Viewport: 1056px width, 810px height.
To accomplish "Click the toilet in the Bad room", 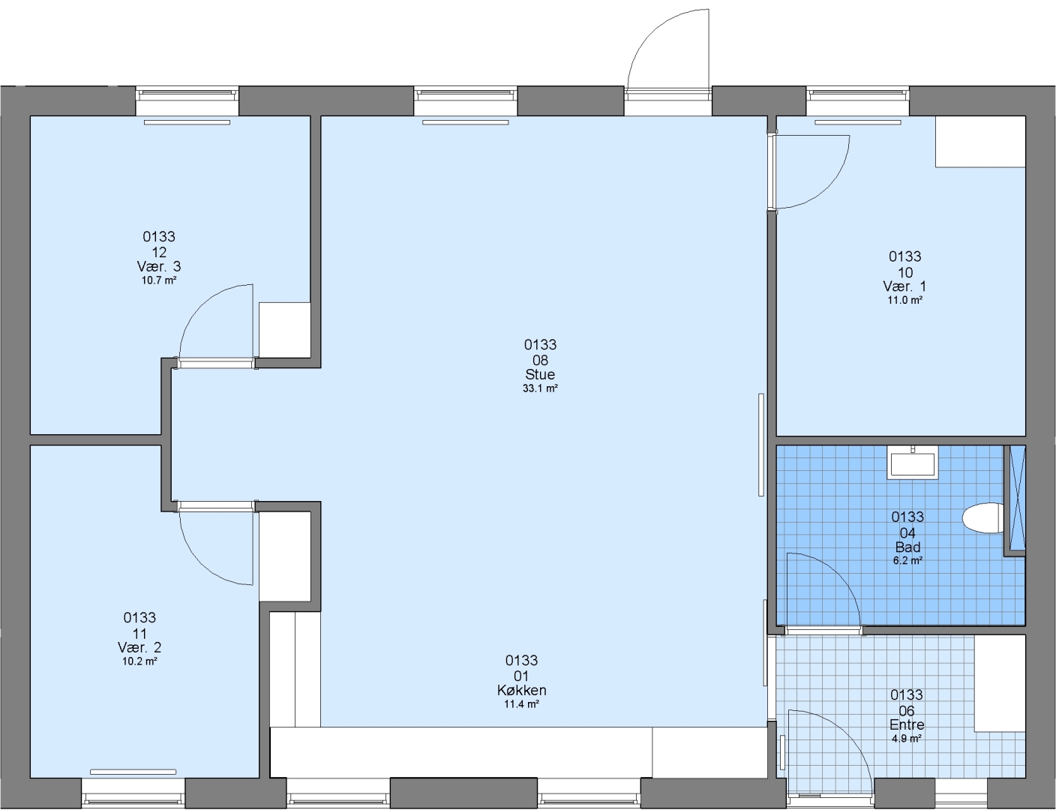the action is pos(982,518).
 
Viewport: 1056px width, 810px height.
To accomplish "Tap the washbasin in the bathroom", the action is pos(912,462).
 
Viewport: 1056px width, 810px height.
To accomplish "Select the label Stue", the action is pos(540,375).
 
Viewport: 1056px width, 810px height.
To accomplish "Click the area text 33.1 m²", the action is pos(540,388).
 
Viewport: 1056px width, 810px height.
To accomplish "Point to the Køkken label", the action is pos(521,691).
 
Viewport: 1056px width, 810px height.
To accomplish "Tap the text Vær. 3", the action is pos(159,267).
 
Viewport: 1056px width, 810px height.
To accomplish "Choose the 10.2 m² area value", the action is pos(139,661).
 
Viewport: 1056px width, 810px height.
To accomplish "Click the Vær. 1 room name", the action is pos(904,286).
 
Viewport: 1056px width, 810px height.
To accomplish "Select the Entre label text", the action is pos(907,725).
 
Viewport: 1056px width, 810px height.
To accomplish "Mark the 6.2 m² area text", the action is pos(907,561).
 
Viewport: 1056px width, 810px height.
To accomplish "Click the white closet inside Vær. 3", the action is pos(285,330).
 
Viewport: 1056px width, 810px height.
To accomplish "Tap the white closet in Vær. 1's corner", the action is pos(981,142).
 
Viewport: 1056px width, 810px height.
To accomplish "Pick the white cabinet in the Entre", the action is pos(1000,683).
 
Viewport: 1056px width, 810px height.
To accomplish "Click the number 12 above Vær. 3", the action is pos(159,252).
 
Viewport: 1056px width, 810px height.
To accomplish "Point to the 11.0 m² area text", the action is pos(904,300).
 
